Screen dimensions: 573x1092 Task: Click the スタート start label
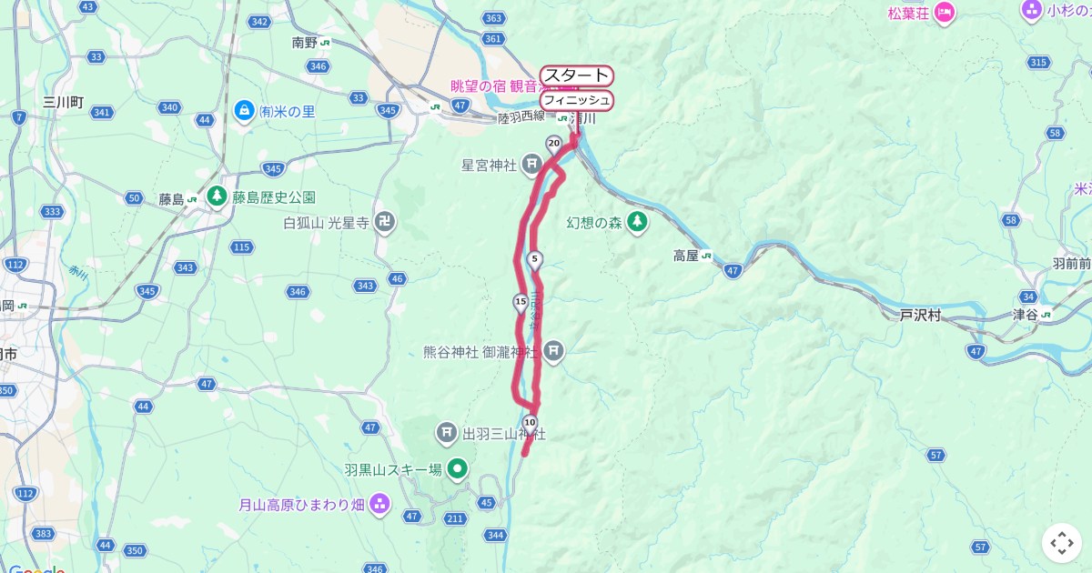click(x=576, y=75)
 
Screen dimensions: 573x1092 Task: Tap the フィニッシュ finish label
click(x=576, y=100)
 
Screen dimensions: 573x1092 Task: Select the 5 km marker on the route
click(x=535, y=259)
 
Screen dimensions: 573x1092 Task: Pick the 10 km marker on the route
click(x=531, y=421)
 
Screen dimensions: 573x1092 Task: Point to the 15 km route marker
click(x=521, y=302)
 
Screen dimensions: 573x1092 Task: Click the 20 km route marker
click(x=553, y=143)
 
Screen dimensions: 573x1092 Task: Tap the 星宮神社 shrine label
click(x=489, y=166)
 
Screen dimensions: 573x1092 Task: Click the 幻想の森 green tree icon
click(x=638, y=221)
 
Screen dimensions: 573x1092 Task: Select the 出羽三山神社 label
click(x=503, y=434)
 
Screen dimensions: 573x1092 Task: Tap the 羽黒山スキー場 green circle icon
click(x=459, y=469)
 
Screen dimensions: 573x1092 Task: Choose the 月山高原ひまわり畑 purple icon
click(x=379, y=503)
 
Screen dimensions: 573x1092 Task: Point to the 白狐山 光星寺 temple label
click(x=326, y=223)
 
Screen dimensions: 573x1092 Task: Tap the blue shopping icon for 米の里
click(x=243, y=111)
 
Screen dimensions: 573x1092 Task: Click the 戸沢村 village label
click(x=920, y=316)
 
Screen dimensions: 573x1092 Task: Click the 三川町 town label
click(x=63, y=102)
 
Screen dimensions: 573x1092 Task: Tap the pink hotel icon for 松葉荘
click(x=944, y=13)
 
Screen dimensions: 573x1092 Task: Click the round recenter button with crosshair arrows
click(x=1062, y=543)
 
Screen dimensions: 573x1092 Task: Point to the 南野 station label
click(x=305, y=42)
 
